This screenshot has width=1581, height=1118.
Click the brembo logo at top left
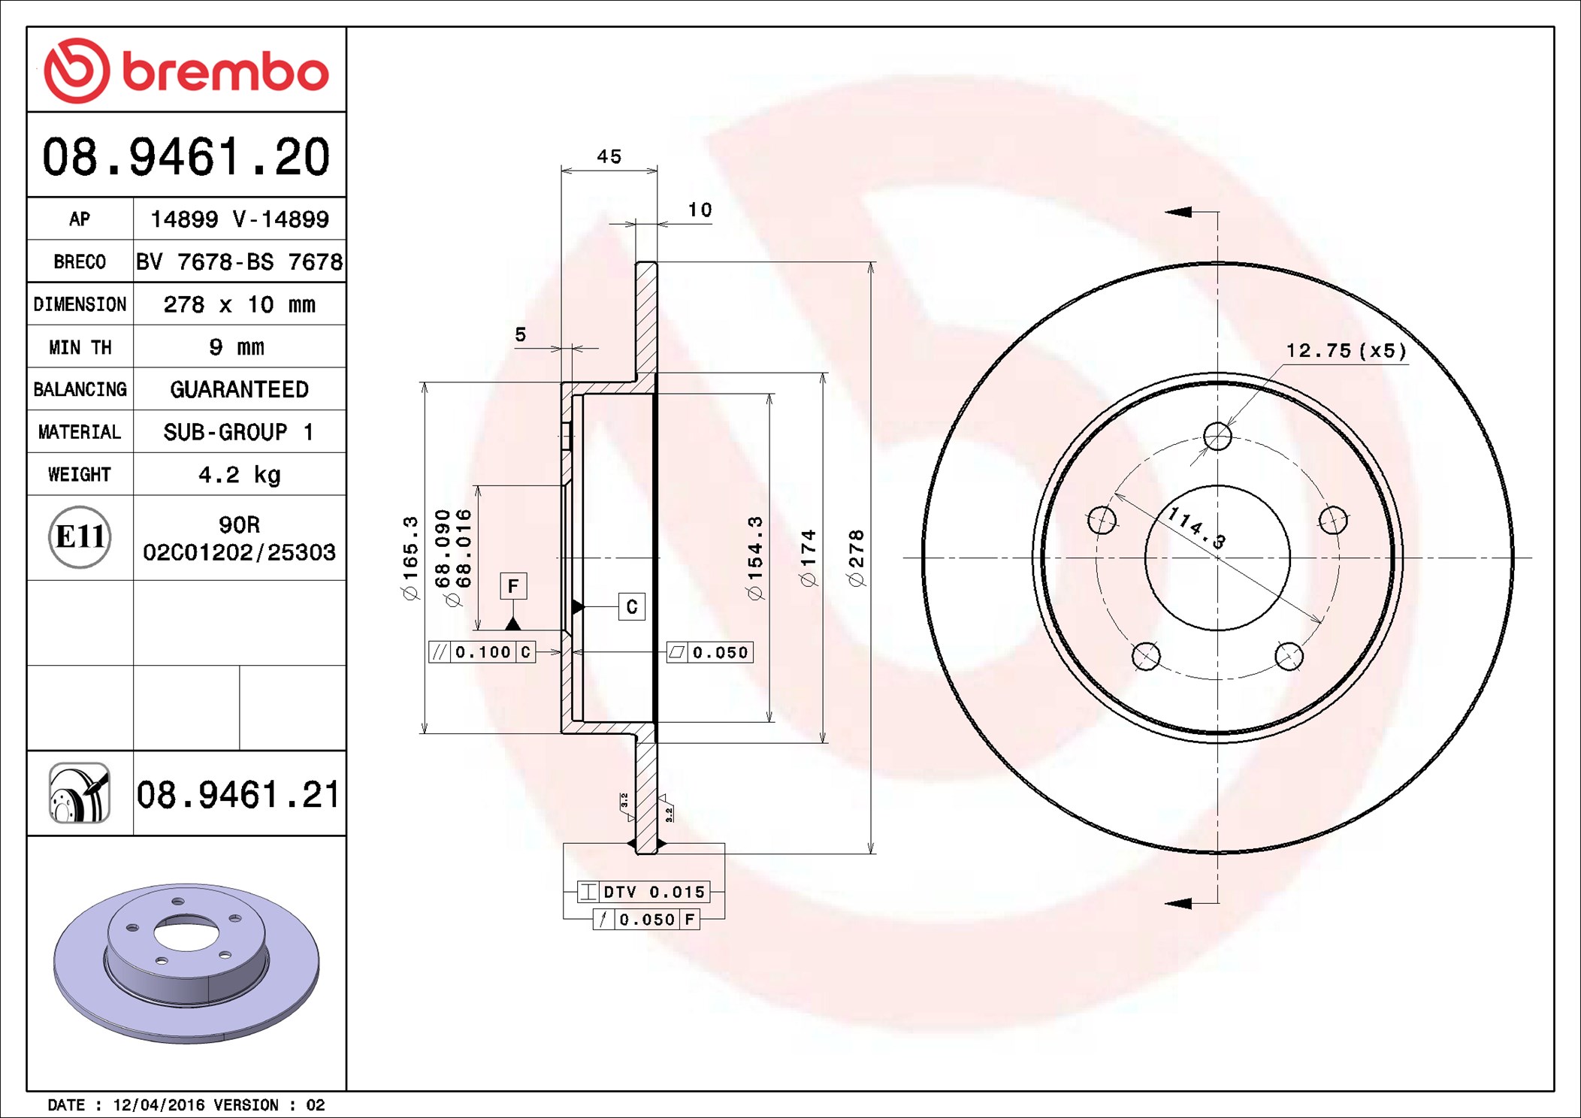tap(186, 71)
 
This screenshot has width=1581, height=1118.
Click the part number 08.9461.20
tap(186, 157)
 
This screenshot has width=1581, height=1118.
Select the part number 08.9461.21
tap(238, 794)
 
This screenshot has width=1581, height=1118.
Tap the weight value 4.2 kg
tap(239, 474)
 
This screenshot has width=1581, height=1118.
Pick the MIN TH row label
tap(80, 347)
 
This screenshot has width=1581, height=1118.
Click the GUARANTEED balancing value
tap(239, 389)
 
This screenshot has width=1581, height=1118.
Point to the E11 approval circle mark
tap(80, 537)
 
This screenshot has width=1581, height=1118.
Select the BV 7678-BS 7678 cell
tap(239, 261)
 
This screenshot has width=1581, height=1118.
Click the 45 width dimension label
tap(609, 156)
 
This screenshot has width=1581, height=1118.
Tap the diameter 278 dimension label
tap(856, 558)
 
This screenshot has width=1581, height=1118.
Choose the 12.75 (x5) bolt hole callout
tap(1345, 351)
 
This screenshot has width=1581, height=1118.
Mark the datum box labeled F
tap(513, 586)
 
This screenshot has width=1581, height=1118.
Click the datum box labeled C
tap(631, 606)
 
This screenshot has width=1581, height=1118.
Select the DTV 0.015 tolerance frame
tap(644, 892)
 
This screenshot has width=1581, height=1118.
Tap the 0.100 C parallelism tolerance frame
tap(482, 652)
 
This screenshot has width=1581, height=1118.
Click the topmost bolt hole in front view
tap(1217, 436)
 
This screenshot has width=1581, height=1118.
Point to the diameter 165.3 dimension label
tap(410, 558)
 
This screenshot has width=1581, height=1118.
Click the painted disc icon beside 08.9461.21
tap(80, 793)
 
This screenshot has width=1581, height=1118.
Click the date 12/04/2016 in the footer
tap(159, 1104)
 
